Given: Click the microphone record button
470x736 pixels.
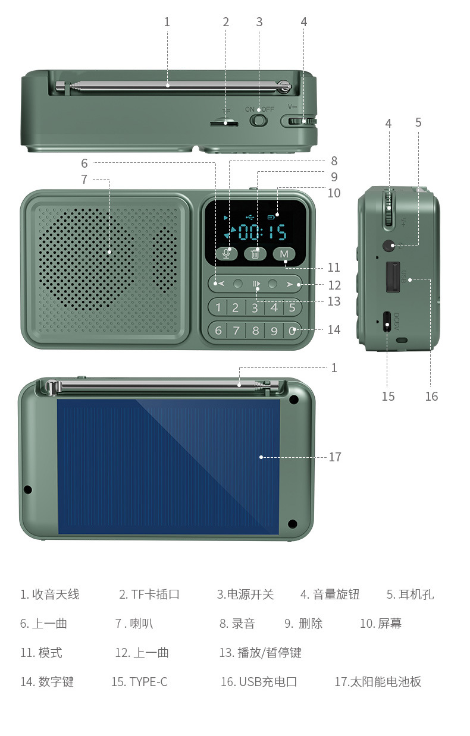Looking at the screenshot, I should pyautogui.click(x=226, y=253).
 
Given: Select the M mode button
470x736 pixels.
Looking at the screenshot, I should pyautogui.click(x=284, y=254).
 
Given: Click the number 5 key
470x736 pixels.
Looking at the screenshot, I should pyautogui.click(x=292, y=307).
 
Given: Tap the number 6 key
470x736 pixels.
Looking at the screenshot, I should pyautogui.click(x=218, y=330).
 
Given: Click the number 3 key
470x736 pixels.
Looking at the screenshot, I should pyautogui.click(x=255, y=307).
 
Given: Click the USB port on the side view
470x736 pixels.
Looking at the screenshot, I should pyautogui.click(x=392, y=277).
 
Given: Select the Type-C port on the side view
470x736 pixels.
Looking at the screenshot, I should pyautogui.click(x=387, y=322).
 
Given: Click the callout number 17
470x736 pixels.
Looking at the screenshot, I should pyautogui.click(x=335, y=457).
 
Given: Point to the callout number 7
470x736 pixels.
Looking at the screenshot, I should pyautogui.click(x=84, y=179).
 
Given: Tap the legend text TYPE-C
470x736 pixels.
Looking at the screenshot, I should pyautogui.click(x=148, y=682).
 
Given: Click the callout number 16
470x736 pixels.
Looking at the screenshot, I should pyautogui.click(x=431, y=396).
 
